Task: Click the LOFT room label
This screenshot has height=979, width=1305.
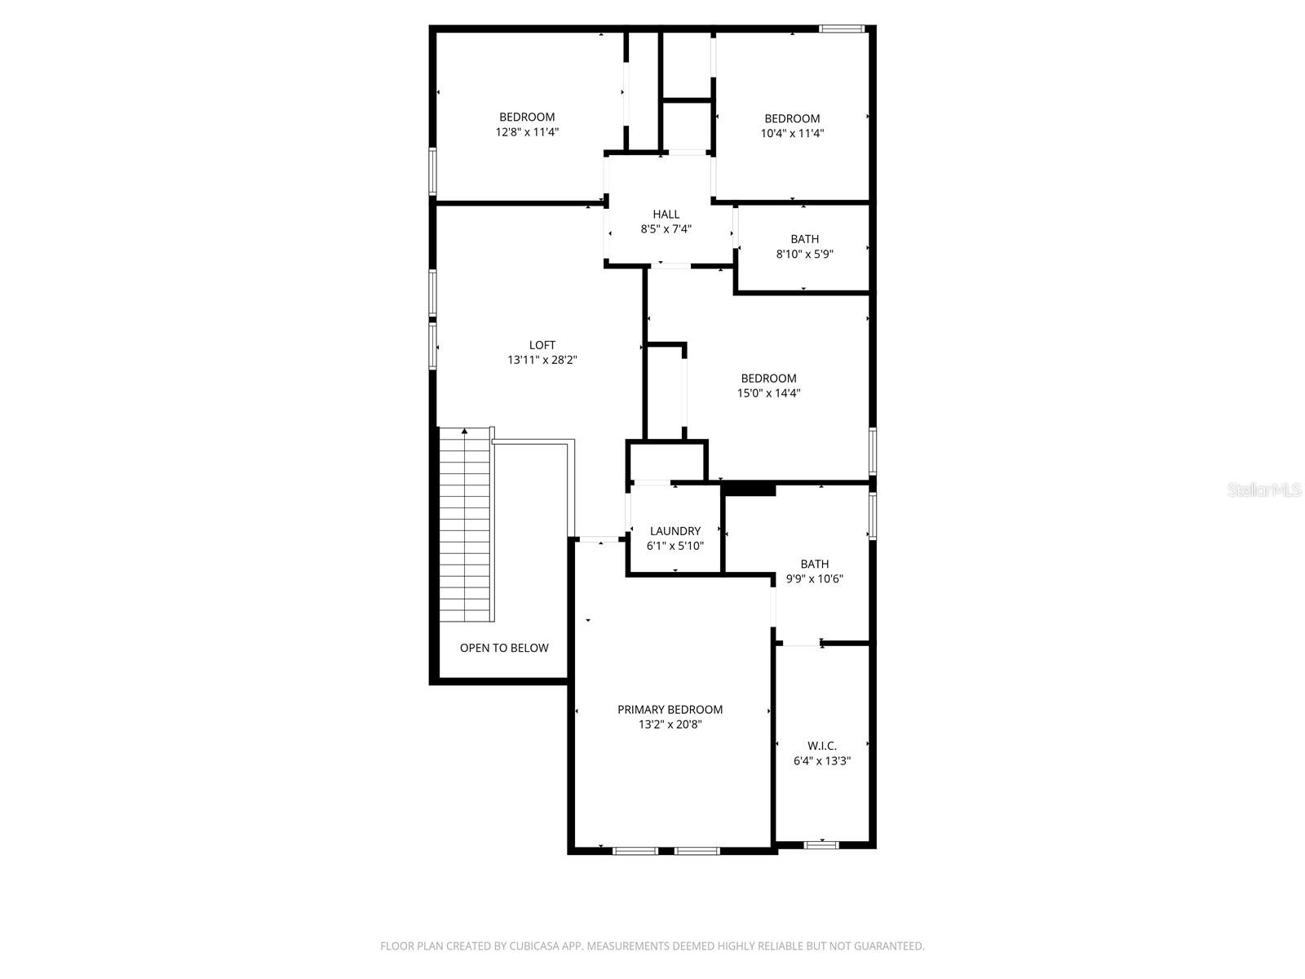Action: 542,345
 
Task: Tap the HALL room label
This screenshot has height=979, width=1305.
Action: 666,215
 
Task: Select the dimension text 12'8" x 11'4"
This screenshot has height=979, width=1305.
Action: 527,131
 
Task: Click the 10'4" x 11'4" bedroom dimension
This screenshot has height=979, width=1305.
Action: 792,133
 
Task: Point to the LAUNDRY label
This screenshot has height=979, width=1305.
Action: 675,531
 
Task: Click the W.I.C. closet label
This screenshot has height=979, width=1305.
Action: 821,746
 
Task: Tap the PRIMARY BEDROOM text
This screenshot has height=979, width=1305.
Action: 670,710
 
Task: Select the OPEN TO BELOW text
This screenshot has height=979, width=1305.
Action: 504,648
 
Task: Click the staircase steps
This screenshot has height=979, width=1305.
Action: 466,530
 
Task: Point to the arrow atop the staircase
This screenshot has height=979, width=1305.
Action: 466,430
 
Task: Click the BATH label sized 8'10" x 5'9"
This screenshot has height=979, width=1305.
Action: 804,239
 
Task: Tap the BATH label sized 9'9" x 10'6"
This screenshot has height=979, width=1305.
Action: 814,564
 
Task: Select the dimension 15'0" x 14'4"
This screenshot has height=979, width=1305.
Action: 768,392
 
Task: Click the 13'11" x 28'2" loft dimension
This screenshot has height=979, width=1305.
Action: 542,360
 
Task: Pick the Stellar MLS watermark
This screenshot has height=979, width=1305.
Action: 1263,489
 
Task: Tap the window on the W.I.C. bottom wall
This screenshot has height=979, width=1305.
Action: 821,845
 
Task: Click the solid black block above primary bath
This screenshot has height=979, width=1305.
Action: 749,489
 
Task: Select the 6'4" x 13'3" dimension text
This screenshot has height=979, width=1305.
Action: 821,760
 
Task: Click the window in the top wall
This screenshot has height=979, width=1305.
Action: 842,29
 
